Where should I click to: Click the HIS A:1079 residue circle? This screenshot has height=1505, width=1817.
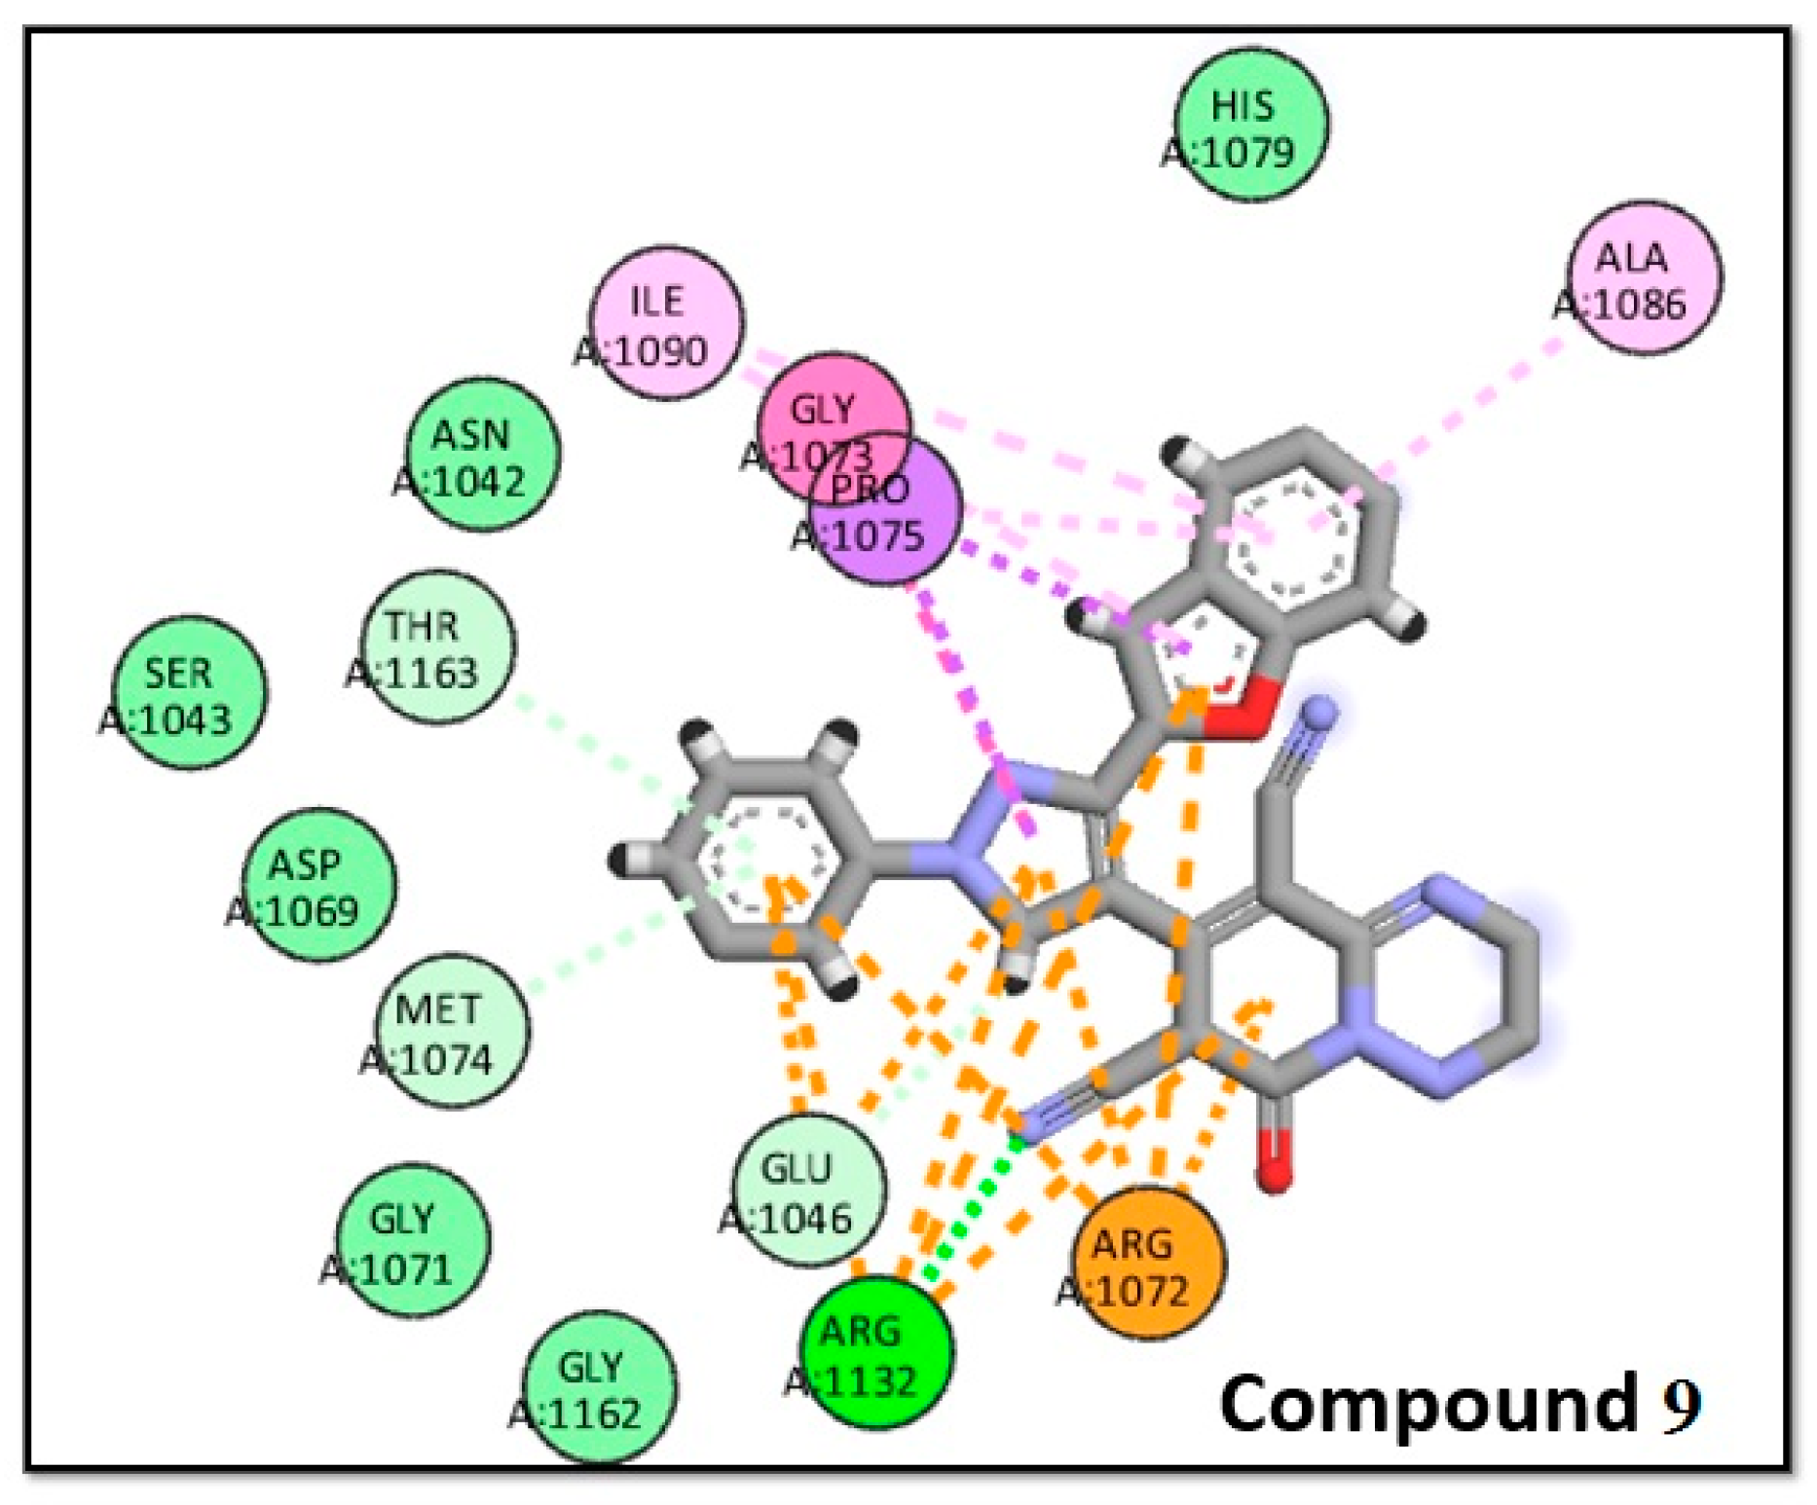pos(1250,125)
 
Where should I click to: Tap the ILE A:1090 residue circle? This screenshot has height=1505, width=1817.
pos(666,322)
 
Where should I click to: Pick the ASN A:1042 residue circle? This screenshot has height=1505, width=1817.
pos(482,454)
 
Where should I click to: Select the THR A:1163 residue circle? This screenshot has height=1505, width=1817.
pos(437,646)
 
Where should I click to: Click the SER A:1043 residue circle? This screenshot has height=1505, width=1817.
pos(188,692)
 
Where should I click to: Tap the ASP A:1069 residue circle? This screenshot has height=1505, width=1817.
pos(317,884)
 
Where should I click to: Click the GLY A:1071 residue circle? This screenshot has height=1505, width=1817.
pos(411,1240)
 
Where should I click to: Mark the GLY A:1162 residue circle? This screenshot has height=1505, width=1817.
pos(599,1386)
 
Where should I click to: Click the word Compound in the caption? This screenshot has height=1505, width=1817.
pos(1428,1405)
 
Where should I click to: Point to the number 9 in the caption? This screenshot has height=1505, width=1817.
pos(1681,1405)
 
